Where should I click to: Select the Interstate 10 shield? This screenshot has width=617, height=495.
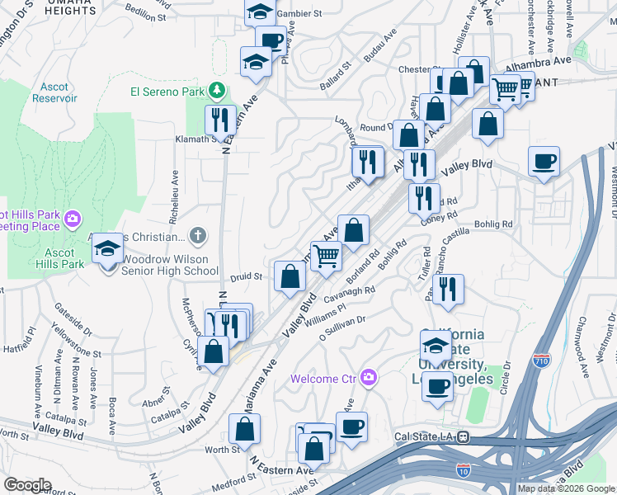[461, 470]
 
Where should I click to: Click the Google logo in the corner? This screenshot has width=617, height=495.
[27, 485]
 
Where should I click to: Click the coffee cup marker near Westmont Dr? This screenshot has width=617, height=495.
[544, 161]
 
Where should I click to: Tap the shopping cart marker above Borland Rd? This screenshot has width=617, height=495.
[326, 256]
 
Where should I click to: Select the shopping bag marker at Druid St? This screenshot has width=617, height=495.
[290, 276]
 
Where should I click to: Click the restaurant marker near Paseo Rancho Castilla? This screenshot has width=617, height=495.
[447, 288]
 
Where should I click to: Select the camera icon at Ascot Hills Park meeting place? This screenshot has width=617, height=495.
[73, 218]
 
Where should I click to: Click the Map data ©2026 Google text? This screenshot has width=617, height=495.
[566, 488]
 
